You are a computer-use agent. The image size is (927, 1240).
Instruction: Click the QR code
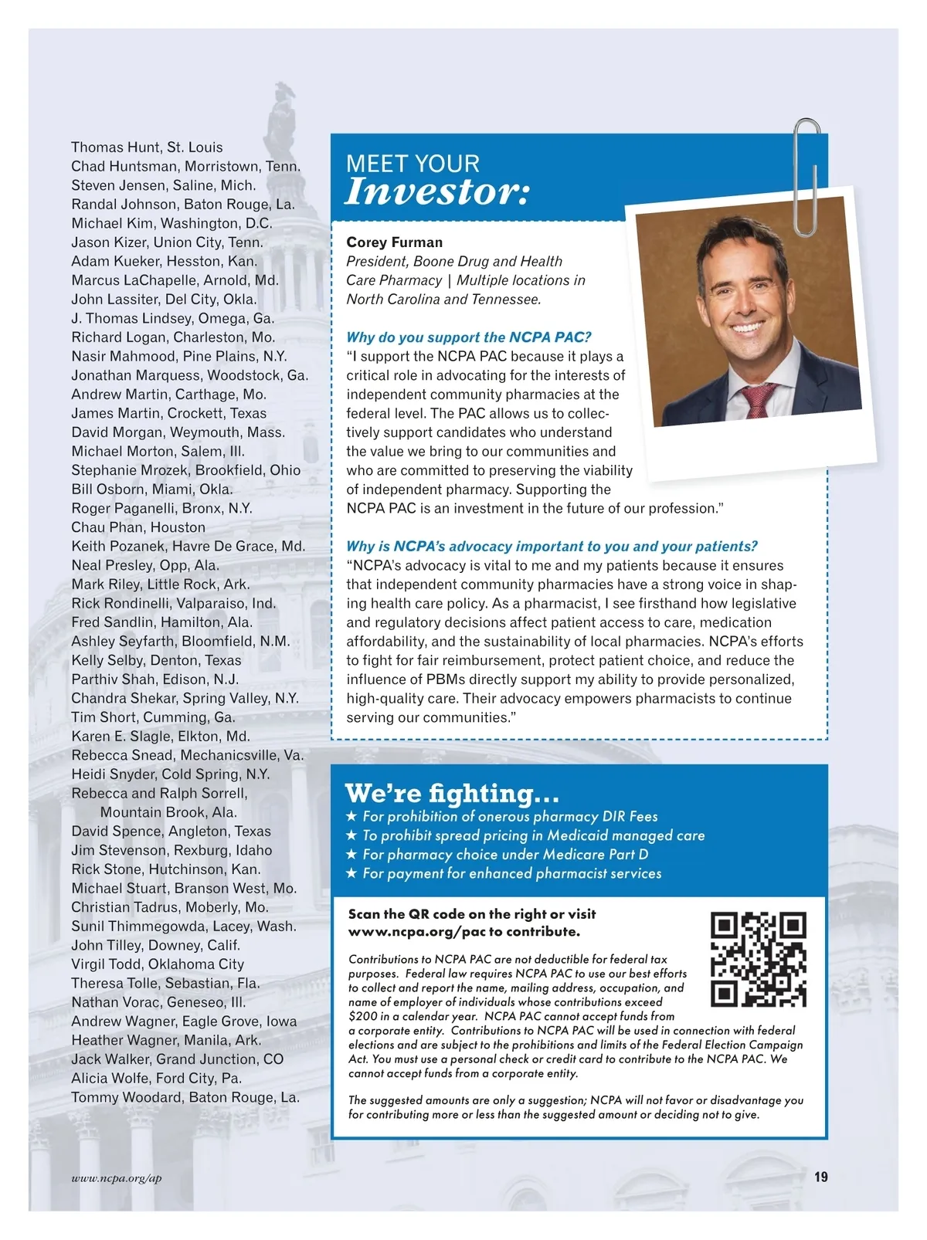(x=758, y=960)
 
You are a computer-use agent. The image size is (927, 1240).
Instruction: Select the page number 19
(x=820, y=1177)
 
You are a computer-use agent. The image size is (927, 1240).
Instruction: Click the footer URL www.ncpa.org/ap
(x=117, y=1178)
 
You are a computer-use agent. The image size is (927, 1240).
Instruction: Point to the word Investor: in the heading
(x=437, y=192)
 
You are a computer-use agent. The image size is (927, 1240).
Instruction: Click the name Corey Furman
(x=394, y=242)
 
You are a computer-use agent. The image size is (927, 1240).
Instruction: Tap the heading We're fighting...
(x=452, y=793)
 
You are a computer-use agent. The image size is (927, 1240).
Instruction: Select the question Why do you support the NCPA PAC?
(x=468, y=337)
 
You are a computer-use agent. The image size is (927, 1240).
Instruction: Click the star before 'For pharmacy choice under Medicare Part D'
(x=351, y=855)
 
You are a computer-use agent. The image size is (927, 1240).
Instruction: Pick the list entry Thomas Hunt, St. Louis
(x=147, y=147)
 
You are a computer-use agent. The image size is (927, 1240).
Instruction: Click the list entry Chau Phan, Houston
(x=138, y=527)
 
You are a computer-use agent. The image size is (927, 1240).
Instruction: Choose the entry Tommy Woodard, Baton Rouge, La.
(x=185, y=1097)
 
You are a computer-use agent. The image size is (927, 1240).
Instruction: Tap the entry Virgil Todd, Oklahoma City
(x=158, y=964)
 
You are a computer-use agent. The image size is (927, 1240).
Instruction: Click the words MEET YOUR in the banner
(x=413, y=164)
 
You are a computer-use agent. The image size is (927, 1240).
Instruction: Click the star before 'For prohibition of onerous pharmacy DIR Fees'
(x=351, y=817)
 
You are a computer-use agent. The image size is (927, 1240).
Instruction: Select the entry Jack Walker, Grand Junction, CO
(x=177, y=1059)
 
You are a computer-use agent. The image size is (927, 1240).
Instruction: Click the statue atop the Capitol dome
(x=282, y=112)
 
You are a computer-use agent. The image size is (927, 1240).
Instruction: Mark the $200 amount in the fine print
(x=362, y=1017)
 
